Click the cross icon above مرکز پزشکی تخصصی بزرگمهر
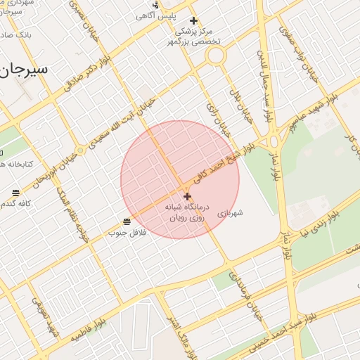point(194,21)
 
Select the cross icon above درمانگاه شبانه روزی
point(187,196)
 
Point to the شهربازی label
point(230,212)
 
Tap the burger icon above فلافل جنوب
point(127,222)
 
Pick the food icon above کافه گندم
point(15,193)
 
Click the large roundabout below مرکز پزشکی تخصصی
point(215,55)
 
